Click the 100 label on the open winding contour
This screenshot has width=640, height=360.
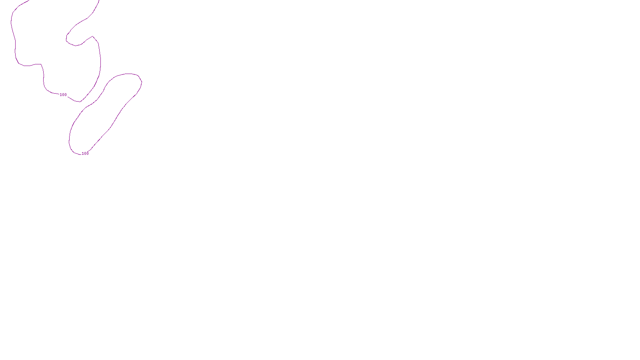click(63, 95)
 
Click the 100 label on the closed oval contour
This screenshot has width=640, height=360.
click(85, 154)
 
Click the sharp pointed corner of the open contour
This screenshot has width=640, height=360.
click(93, 36)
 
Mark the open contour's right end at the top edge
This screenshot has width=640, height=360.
click(99, 1)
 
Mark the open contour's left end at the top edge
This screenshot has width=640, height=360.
click(30, 1)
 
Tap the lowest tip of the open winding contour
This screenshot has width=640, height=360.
click(80, 102)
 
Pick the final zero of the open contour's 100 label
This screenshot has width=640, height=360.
click(65, 95)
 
